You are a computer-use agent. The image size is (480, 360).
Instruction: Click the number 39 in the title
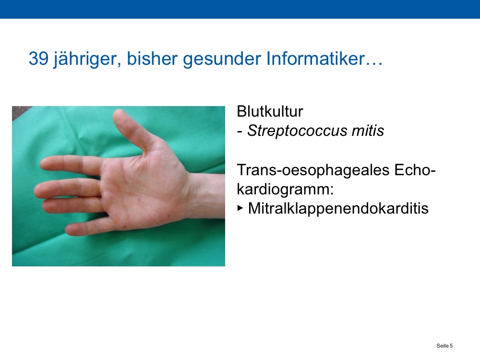click(x=38, y=58)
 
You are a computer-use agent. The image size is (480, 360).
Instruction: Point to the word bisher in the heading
click(x=152, y=58)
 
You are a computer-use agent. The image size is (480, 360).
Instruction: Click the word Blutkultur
click(x=270, y=111)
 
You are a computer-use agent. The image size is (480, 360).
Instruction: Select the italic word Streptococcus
click(x=297, y=131)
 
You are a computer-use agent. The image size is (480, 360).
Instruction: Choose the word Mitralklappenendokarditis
click(x=338, y=208)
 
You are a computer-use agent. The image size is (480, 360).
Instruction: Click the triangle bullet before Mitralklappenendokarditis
click(x=240, y=208)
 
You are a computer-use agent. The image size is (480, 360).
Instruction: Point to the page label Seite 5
click(x=444, y=346)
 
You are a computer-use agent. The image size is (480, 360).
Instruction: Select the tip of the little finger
click(x=69, y=229)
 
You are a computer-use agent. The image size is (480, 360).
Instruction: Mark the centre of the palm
click(x=144, y=190)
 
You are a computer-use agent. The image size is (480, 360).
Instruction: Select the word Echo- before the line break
click(x=415, y=170)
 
